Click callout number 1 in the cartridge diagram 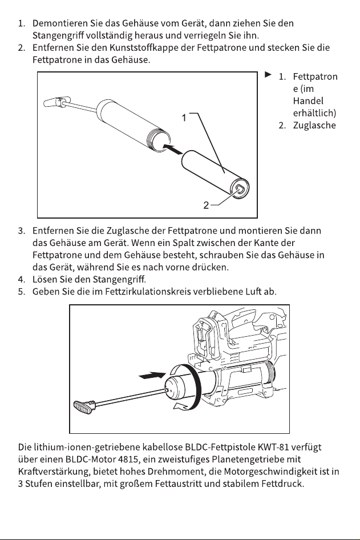point(184,118)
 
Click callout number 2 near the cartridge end point(206,205)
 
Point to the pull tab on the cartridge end point(240,188)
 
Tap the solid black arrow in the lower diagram point(152,376)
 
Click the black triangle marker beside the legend point(268,74)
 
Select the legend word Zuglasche point(314,125)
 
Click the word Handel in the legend point(309,101)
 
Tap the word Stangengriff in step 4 point(119,279)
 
